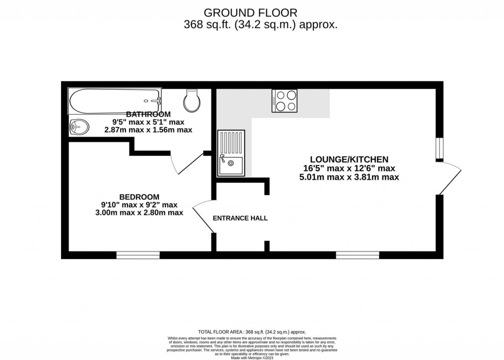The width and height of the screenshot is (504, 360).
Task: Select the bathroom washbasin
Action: pyautogui.click(x=79, y=128)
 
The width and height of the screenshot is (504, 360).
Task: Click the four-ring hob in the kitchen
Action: pyautogui.click(x=284, y=101)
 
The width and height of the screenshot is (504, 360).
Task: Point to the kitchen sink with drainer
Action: pyautogui.click(x=230, y=153)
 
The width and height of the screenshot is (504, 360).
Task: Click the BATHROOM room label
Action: pyautogui.click(x=148, y=114)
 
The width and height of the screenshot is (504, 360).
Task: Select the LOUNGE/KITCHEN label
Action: pyautogui.click(x=349, y=159)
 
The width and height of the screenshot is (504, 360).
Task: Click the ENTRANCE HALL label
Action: pyautogui.click(x=240, y=218)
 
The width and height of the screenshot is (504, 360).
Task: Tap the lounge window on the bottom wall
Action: pyautogui.click(x=358, y=255)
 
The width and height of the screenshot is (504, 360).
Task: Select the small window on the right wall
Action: pyautogui.click(x=439, y=149)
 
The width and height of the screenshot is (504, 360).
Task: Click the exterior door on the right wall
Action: pyautogui.click(x=449, y=178)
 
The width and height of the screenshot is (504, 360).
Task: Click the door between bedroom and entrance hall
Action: pyautogui.click(x=202, y=217)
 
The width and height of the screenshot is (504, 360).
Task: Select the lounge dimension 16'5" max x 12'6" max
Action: pyautogui.click(x=349, y=168)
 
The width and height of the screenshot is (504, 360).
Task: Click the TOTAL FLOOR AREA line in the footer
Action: pyautogui.click(x=252, y=332)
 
